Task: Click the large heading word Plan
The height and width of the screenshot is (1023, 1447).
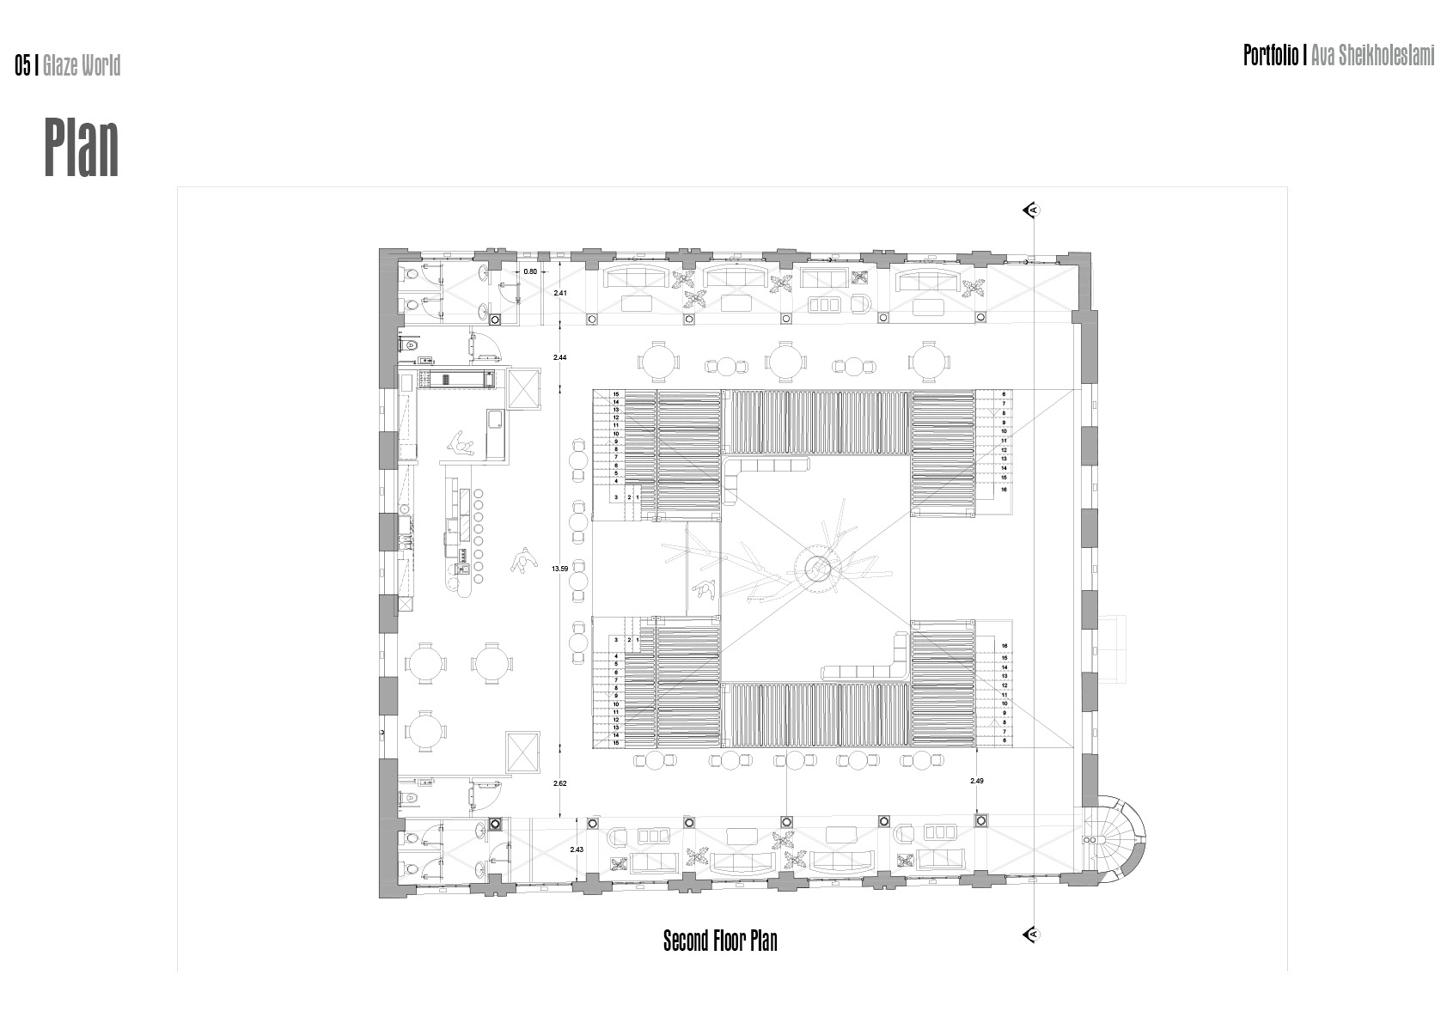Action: click(x=82, y=148)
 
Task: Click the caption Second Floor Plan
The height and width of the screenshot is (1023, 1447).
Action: click(x=720, y=941)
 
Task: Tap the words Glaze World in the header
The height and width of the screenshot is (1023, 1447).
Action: click(x=82, y=65)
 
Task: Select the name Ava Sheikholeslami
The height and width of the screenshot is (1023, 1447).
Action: click(x=1373, y=56)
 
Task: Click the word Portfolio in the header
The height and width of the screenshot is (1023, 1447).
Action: click(x=1271, y=56)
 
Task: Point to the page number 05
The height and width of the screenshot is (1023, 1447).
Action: click(x=22, y=65)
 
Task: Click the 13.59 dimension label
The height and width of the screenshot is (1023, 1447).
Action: click(x=560, y=569)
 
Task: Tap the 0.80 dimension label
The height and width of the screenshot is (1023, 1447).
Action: click(x=530, y=271)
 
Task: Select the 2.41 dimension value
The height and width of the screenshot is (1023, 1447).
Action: click(x=560, y=294)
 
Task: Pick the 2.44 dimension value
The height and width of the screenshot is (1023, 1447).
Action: click(x=560, y=356)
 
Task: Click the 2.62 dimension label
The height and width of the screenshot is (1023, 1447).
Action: click(x=560, y=783)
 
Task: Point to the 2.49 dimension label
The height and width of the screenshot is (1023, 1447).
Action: click(x=976, y=781)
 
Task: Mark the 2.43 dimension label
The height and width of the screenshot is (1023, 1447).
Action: click(x=577, y=849)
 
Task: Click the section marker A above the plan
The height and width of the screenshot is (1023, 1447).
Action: click(x=1033, y=210)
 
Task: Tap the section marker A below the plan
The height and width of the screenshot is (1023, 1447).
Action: click(x=1033, y=934)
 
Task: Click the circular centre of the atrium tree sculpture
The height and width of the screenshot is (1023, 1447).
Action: click(x=817, y=567)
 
